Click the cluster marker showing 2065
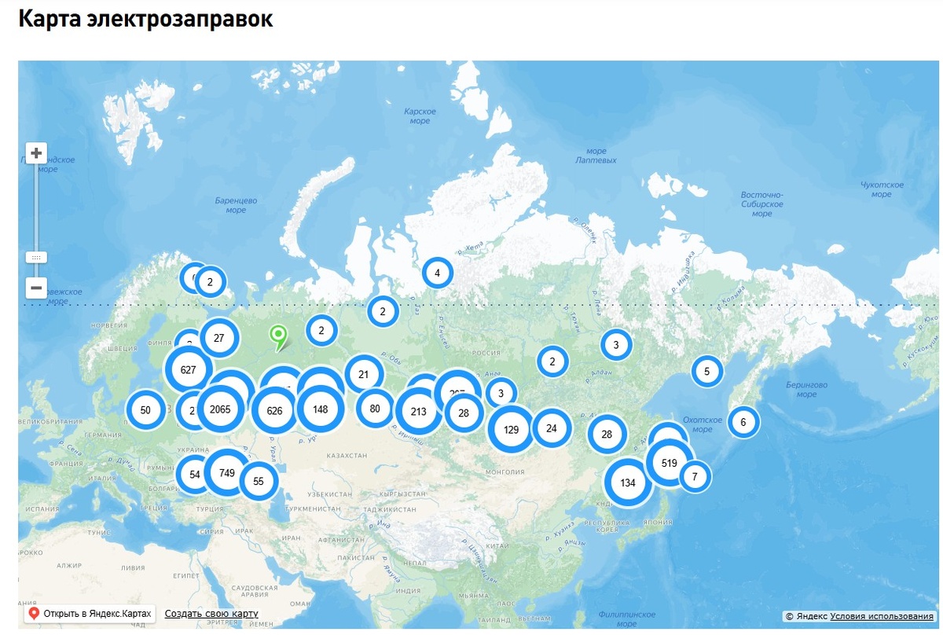click(x=220, y=409)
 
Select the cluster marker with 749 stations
click(x=227, y=473)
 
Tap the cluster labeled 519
click(x=670, y=463)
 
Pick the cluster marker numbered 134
click(x=628, y=483)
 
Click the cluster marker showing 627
click(x=188, y=369)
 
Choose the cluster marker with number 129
click(x=511, y=429)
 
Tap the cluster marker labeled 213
click(x=419, y=411)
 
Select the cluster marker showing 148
click(x=320, y=409)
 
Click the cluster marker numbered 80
click(x=375, y=408)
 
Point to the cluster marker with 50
click(x=145, y=409)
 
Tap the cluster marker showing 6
click(x=743, y=422)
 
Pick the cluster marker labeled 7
click(x=695, y=476)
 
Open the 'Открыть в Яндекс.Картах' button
click(x=90, y=614)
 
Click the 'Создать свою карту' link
click(x=211, y=614)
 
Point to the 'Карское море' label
click(x=420, y=116)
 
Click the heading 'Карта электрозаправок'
click(x=145, y=20)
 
